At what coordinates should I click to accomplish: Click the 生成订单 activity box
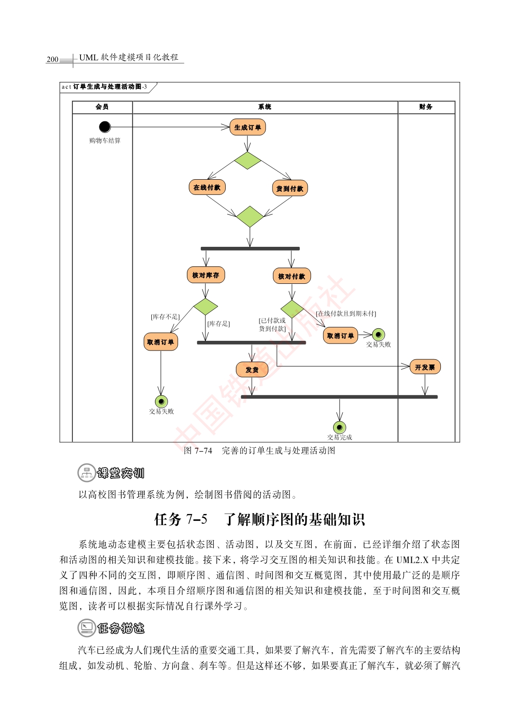(x=247, y=127)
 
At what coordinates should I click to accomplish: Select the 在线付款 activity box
(x=207, y=187)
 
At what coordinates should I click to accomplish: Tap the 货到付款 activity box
(x=290, y=188)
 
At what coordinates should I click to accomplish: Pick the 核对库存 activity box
(x=205, y=275)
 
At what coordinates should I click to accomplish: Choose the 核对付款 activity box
(x=292, y=276)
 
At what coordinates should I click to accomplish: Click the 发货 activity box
(x=252, y=370)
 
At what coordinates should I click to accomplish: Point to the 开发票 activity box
(x=425, y=367)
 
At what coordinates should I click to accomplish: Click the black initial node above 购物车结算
(x=105, y=127)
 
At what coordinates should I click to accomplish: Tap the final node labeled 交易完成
(x=340, y=427)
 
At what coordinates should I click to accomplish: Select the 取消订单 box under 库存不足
(x=161, y=342)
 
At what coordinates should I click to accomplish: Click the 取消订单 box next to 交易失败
(x=340, y=336)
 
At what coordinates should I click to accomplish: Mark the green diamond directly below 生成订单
(x=247, y=160)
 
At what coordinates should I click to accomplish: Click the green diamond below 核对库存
(x=205, y=307)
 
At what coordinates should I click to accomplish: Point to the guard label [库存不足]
(x=165, y=317)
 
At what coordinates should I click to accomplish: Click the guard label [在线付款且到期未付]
(x=346, y=313)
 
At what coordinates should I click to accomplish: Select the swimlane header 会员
(x=102, y=107)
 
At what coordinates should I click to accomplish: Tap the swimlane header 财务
(x=426, y=107)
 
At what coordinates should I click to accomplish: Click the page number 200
(x=53, y=59)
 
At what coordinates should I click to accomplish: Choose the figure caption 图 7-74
(x=198, y=451)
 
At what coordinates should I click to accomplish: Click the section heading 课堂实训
(x=121, y=473)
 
